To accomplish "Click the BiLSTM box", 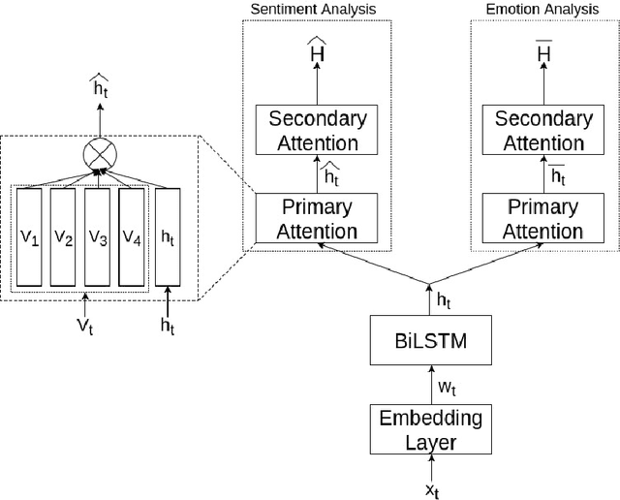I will [x=428, y=342].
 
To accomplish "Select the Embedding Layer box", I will [x=428, y=430].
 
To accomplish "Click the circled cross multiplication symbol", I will [x=99, y=153].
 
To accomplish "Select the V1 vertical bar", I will [x=29, y=236].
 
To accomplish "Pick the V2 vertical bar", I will [x=63, y=236].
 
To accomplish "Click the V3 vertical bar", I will [x=97, y=236].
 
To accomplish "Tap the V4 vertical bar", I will [x=132, y=236].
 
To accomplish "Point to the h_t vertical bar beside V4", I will [x=168, y=236].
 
